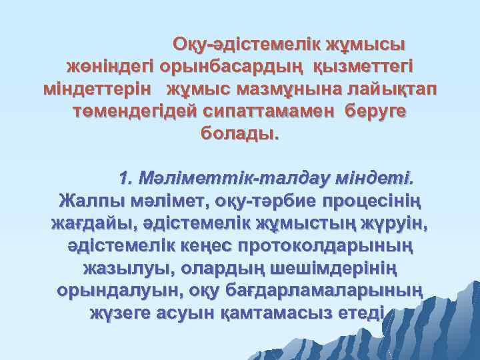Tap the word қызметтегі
click(x=363, y=67)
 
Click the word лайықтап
click(x=389, y=89)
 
